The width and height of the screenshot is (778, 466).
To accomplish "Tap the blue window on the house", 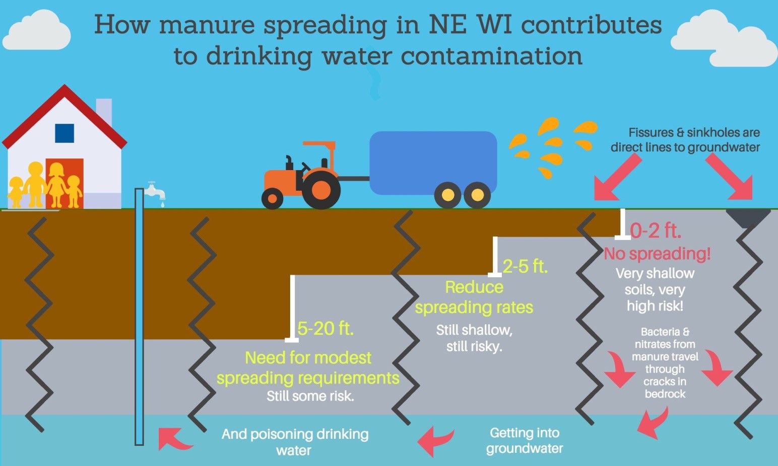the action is [x=64, y=133].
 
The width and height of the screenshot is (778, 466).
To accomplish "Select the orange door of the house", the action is [x=64, y=183].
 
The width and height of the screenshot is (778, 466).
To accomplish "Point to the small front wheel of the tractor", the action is [x=272, y=198].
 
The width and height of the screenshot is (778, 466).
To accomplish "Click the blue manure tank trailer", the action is [x=433, y=163].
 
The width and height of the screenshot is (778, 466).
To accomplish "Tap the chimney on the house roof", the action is [x=104, y=111].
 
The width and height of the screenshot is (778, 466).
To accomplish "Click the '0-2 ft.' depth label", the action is [x=656, y=231].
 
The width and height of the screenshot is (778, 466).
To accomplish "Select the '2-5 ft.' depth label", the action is [x=525, y=267].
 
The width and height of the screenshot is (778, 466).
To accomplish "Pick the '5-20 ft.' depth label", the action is [x=326, y=328].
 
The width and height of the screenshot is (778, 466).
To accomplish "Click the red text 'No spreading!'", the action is [x=657, y=254].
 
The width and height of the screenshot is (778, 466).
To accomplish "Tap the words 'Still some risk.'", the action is [x=310, y=396].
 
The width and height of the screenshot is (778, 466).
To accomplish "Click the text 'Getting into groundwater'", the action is [x=525, y=441].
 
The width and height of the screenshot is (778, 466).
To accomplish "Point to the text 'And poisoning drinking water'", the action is [x=295, y=442].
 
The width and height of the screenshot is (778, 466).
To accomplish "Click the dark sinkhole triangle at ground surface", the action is [x=748, y=217].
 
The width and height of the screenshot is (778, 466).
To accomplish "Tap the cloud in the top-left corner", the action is [x=37, y=30].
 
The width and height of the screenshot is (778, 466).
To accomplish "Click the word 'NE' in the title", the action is [x=447, y=25].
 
